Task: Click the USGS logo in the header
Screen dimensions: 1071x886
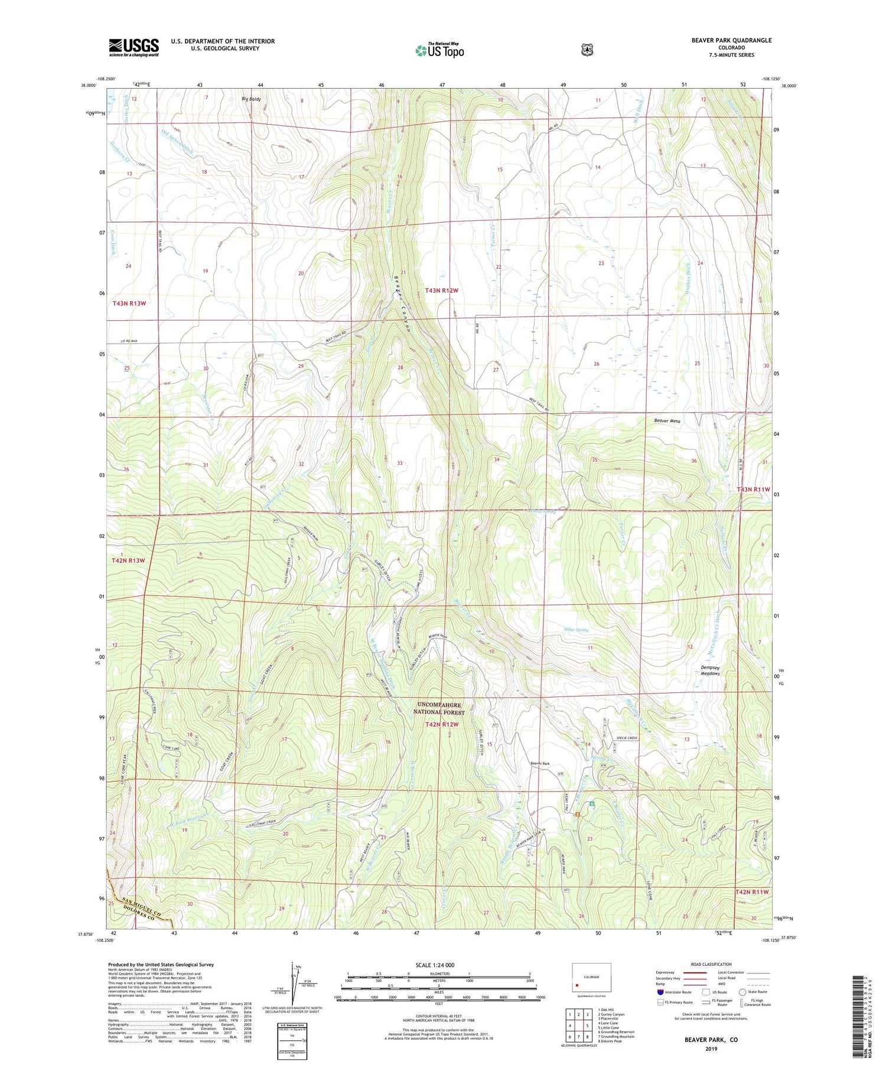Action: pyautogui.click(x=133, y=47)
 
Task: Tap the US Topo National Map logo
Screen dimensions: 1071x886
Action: pyautogui.click(x=439, y=50)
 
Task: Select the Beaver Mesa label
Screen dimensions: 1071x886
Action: pyautogui.click(x=667, y=421)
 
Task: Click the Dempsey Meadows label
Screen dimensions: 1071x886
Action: pyautogui.click(x=710, y=670)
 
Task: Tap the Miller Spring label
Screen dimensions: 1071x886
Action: pyautogui.click(x=576, y=630)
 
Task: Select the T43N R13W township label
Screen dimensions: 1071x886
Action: pyautogui.click(x=129, y=303)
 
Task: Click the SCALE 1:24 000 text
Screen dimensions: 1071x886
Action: pyautogui.click(x=438, y=965)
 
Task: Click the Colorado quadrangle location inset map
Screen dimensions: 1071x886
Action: pyautogui.click(x=591, y=978)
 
